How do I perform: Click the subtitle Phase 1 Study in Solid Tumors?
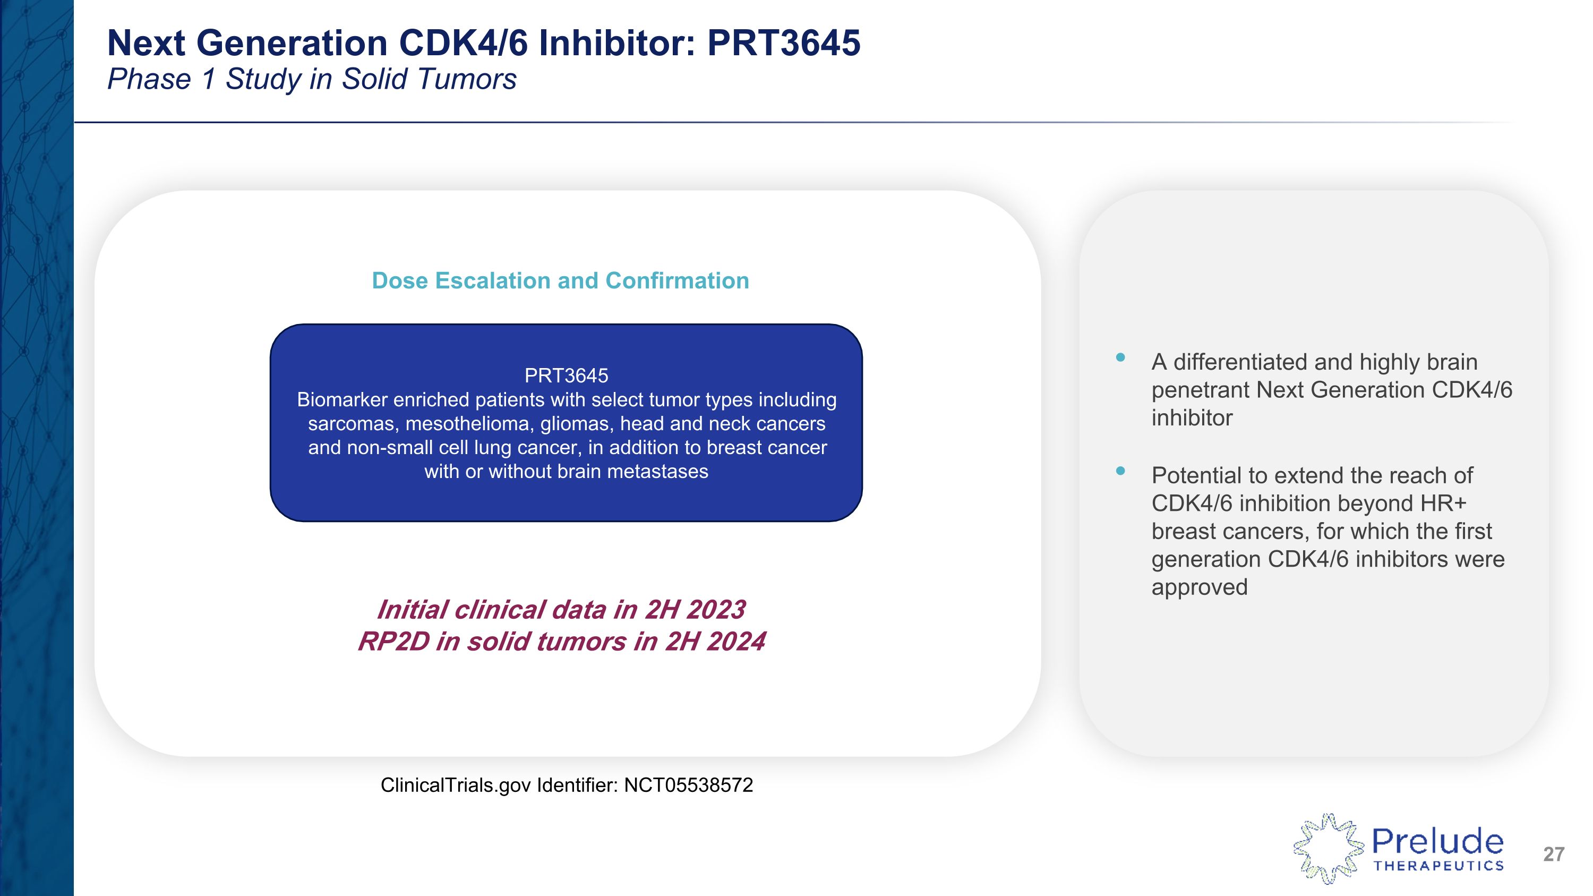tap(312, 79)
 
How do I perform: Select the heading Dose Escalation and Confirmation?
tap(560, 281)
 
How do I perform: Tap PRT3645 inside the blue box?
tap(566, 376)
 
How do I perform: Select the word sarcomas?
tap(351, 424)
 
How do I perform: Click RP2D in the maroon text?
tap(393, 642)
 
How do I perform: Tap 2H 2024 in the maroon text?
tap(715, 642)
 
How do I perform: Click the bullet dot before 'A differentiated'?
tap(1120, 357)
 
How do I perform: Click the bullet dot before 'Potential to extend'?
tap(1120, 471)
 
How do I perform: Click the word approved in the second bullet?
tap(1199, 587)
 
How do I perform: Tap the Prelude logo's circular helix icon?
tap(1327, 848)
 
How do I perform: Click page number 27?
tap(1553, 854)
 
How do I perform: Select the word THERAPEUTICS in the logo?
tap(1438, 866)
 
